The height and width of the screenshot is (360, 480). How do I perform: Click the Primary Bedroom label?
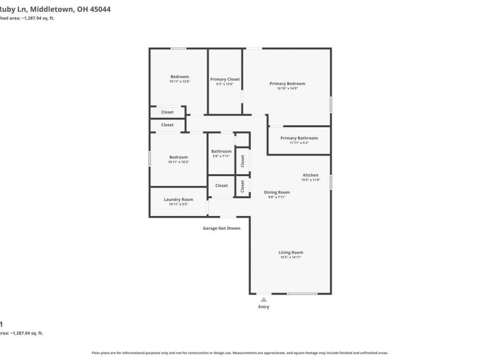(287, 83)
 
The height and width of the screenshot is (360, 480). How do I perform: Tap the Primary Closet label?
(225, 79)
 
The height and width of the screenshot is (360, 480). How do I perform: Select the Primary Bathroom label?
(299, 138)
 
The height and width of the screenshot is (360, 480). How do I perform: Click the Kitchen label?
(310, 175)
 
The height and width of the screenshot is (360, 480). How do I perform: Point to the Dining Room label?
(277, 192)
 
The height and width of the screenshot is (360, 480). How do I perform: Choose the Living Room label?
(290, 253)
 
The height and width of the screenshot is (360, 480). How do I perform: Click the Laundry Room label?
(179, 199)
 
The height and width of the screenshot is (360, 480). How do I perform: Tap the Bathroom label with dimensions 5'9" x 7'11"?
(221, 152)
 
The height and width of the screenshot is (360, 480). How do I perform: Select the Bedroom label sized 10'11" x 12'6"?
(179, 76)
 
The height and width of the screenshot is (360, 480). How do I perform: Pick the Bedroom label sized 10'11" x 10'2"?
(179, 157)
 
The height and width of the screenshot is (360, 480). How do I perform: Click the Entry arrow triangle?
(263, 299)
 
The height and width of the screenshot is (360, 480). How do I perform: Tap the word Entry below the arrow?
(263, 307)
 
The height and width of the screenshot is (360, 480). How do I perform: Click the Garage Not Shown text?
(221, 228)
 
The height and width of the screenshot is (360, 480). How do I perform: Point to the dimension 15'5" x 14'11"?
(290, 257)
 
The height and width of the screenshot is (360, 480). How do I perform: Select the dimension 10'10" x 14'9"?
(287, 89)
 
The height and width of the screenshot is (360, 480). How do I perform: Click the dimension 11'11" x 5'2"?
(299, 143)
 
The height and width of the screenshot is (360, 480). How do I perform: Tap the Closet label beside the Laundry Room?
(221, 185)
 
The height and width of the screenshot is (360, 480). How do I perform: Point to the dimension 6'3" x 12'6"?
(225, 84)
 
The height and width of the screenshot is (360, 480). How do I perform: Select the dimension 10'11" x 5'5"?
(179, 205)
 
